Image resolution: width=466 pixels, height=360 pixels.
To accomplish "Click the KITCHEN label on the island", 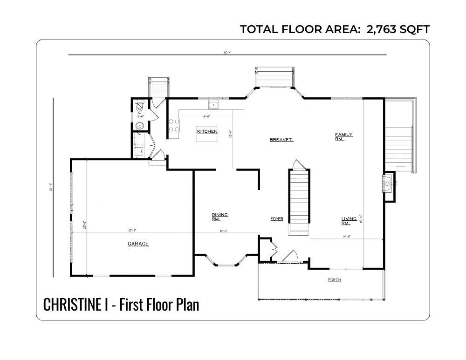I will click(207, 132).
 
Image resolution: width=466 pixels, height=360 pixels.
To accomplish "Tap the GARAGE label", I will click(138, 244).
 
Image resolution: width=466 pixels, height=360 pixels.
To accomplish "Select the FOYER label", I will click(277, 218).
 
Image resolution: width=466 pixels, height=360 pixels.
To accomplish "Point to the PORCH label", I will click(334, 280).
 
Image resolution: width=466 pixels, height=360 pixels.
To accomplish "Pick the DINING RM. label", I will click(220, 217).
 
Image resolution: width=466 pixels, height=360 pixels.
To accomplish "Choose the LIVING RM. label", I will click(349, 220).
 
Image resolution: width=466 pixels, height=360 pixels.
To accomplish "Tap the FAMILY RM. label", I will click(344, 136).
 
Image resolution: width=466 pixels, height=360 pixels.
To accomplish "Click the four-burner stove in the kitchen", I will click(174, 125).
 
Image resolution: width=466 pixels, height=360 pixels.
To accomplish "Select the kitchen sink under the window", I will click(213, 105).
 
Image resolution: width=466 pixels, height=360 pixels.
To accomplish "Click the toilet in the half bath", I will click(139, 109).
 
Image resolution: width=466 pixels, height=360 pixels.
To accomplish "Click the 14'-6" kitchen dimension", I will click(207, 116).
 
